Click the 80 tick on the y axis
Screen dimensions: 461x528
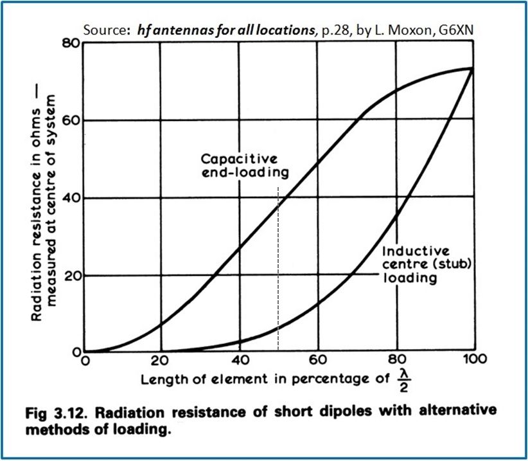pos(71,44)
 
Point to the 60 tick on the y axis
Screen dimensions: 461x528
pos(71,120)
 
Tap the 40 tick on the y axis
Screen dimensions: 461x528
pos(71,198)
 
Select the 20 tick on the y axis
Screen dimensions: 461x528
pos(71,275)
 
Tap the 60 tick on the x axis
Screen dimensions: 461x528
pos(317,359)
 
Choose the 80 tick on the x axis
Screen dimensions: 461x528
pos(396,359)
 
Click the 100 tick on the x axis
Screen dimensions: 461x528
pos(474,359)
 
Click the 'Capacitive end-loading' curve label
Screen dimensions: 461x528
pos(244,165)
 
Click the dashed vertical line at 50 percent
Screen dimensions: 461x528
pos(277,270)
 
